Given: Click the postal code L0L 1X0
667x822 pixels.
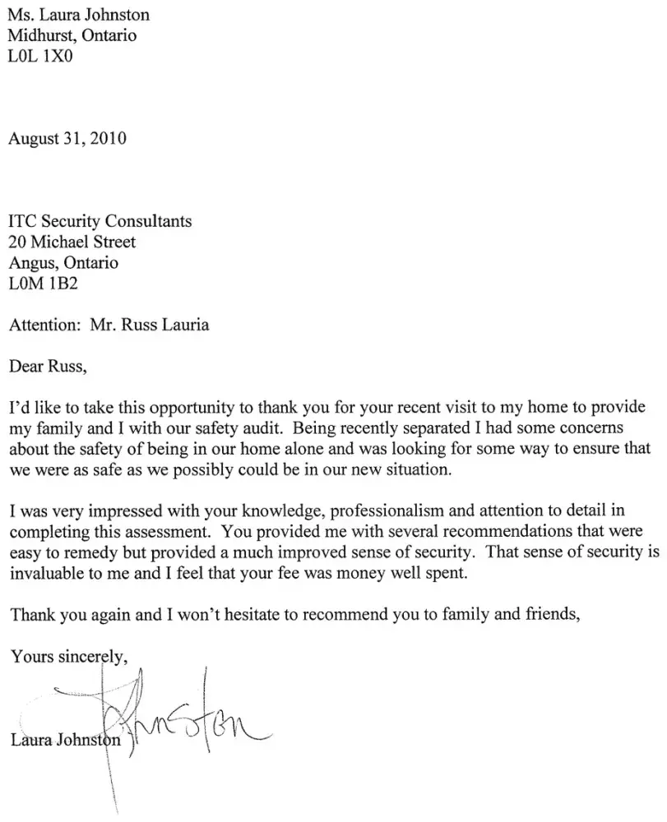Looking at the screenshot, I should [x=40, y=58].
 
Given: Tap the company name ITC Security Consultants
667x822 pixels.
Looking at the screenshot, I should [x=100, y=221].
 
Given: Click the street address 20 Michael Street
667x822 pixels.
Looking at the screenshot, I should [x=72, y=242].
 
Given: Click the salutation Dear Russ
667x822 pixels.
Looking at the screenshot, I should [x=47, y=367].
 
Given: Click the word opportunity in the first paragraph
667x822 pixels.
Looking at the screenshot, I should [x=182, y=409].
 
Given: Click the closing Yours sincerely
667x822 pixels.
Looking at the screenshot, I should [x=68, y=657].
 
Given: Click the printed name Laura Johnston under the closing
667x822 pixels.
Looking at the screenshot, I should [x=66, y=740].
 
